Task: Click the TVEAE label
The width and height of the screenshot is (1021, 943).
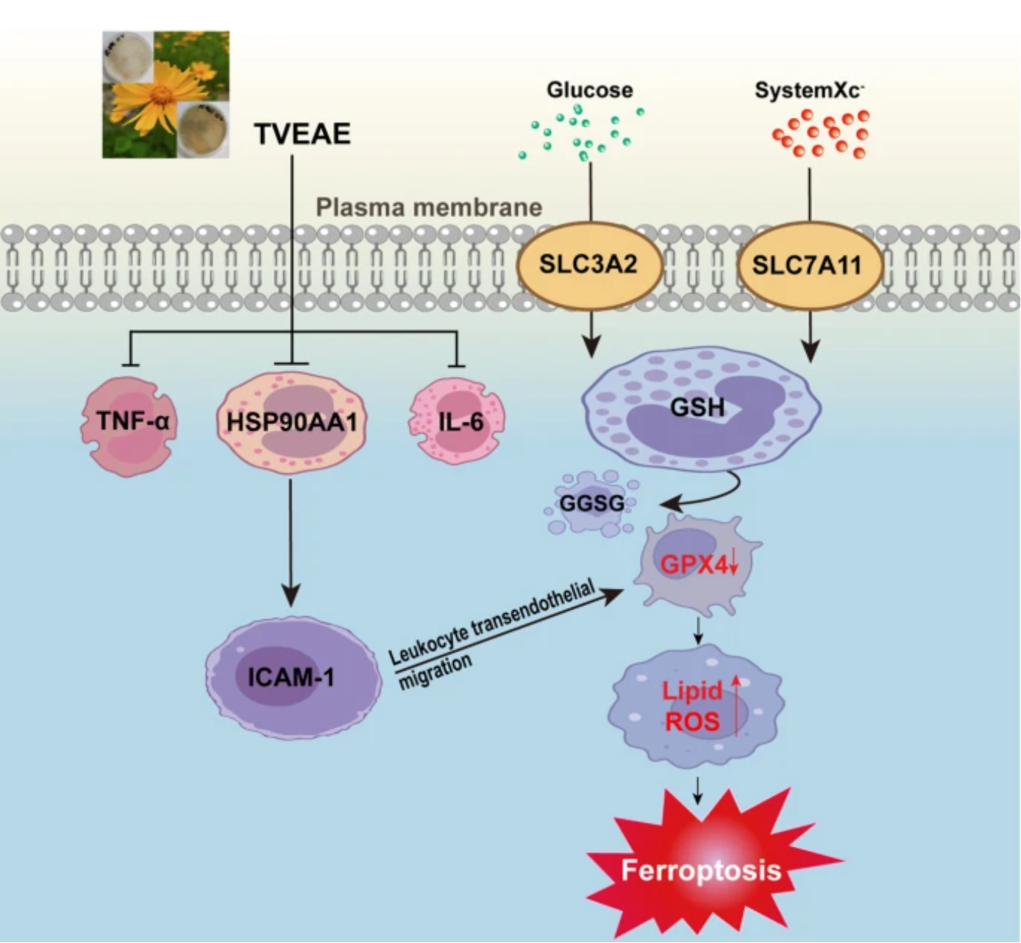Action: (x=303, y=134)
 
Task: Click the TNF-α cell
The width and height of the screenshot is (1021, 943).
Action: (x=129, y=426)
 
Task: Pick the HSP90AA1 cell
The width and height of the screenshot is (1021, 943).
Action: (x=292, y=422)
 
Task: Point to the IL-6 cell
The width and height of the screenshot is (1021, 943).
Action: (x=457, y=421)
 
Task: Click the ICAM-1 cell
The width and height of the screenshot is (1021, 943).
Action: (x=294, y=677)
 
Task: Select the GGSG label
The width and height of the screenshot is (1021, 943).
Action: (x=591, y=503)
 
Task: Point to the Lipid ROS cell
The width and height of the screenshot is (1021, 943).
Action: (x=697, y=706)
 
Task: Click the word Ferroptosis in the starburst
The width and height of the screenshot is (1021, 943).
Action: (x=701, y=870)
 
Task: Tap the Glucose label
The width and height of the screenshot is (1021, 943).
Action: (x=590, y=90)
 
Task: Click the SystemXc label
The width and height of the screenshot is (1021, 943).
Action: (x=809, y=91)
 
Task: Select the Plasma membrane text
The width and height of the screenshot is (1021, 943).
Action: (x=430, y=208)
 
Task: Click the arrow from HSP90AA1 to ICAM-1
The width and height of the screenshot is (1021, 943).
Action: (x=291, y=543)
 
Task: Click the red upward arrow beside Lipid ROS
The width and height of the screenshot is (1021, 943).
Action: (x=736, y=705)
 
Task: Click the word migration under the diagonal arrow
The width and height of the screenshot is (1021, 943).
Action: (x=436, y=672)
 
